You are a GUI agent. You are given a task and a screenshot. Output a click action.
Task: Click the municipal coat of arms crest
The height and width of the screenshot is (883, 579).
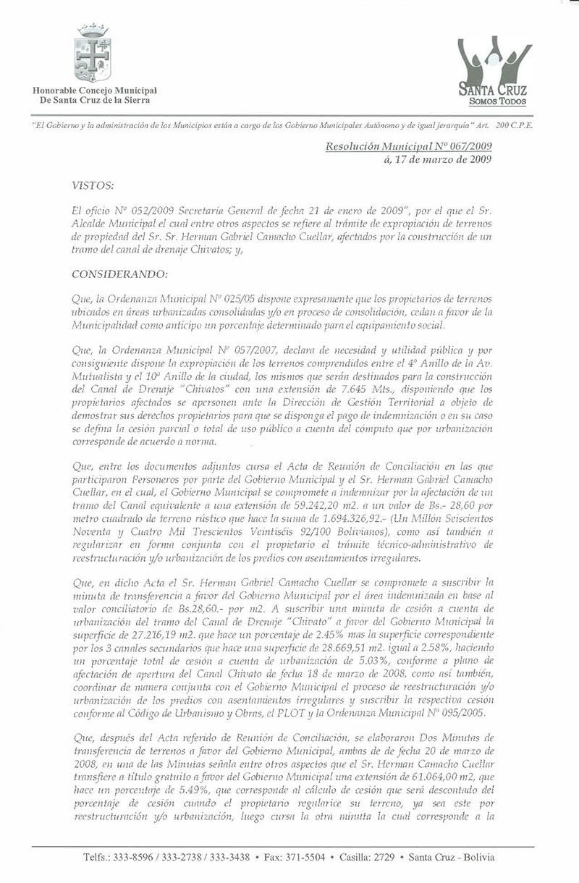[x=93, y=52]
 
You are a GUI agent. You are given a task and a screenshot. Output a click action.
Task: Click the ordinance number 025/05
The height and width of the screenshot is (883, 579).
[x=250, y=297]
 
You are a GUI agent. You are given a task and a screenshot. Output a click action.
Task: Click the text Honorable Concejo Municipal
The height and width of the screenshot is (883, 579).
[x=94, y=90]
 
